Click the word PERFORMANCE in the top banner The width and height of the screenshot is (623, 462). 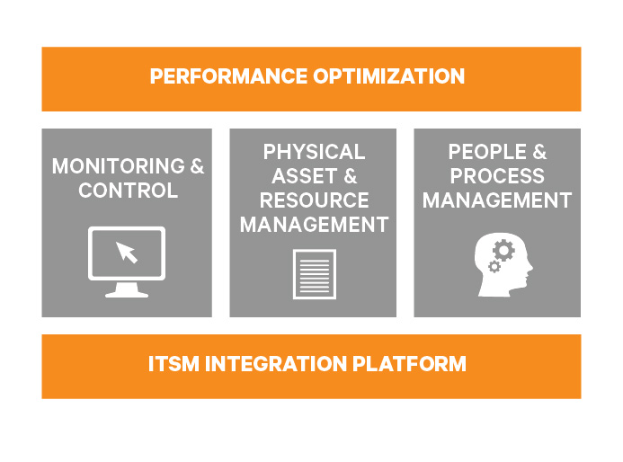pyautogui.click(x=228, y=76)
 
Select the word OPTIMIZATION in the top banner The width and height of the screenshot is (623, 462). pyautogui.click(x=389, y=76)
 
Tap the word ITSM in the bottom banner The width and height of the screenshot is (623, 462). pyautogui.click(x=174, y=364)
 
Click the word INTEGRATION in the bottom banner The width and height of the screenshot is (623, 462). pyautogui.click(x=276, y=364)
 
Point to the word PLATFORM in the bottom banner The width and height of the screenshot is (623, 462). pyautogui.click(x=409, y=364)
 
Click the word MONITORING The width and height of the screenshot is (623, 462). pyautogui.click(x=119, y=166)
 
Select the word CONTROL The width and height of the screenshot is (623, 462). pyautogui.click(x=128, y=191)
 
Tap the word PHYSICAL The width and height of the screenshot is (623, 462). pyautogui.click(x=314, y=152)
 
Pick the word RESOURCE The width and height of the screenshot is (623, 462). pyautogui.click(x=314, y=200)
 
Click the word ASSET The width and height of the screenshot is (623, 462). pyautogui.click(x=305, y=176)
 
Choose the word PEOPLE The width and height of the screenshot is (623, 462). pyautogui.click(x=487, y=152)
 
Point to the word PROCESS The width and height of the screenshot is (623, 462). pyautogui.click(x=497, y=176)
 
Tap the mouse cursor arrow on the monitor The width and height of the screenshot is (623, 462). pyautogui.click(x=127, y=253)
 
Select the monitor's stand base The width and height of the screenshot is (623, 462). pyautogui.click(x=127, y=294)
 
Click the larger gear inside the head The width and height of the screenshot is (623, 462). pyautogui.click(x=503, y=250)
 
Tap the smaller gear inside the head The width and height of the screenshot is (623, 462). pyautogui.click(x=494, y=267)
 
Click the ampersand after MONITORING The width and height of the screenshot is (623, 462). pyautogui.click(x=197, y=166)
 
